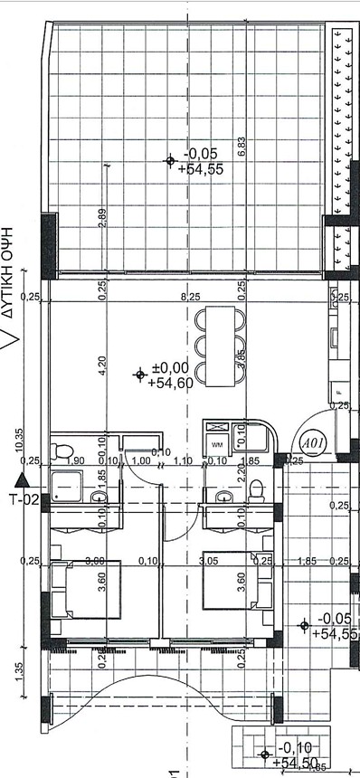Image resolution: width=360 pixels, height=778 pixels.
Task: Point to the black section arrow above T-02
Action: (x=23, y=481)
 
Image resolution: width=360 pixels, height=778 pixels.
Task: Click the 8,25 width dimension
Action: (x=191, y=297)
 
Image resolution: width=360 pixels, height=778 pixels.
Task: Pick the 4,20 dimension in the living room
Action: (x=103, y=365)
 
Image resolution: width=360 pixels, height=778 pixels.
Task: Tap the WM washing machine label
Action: (x=217, y=445)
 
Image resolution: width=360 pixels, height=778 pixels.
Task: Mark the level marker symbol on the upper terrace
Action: (x=170, y=161)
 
